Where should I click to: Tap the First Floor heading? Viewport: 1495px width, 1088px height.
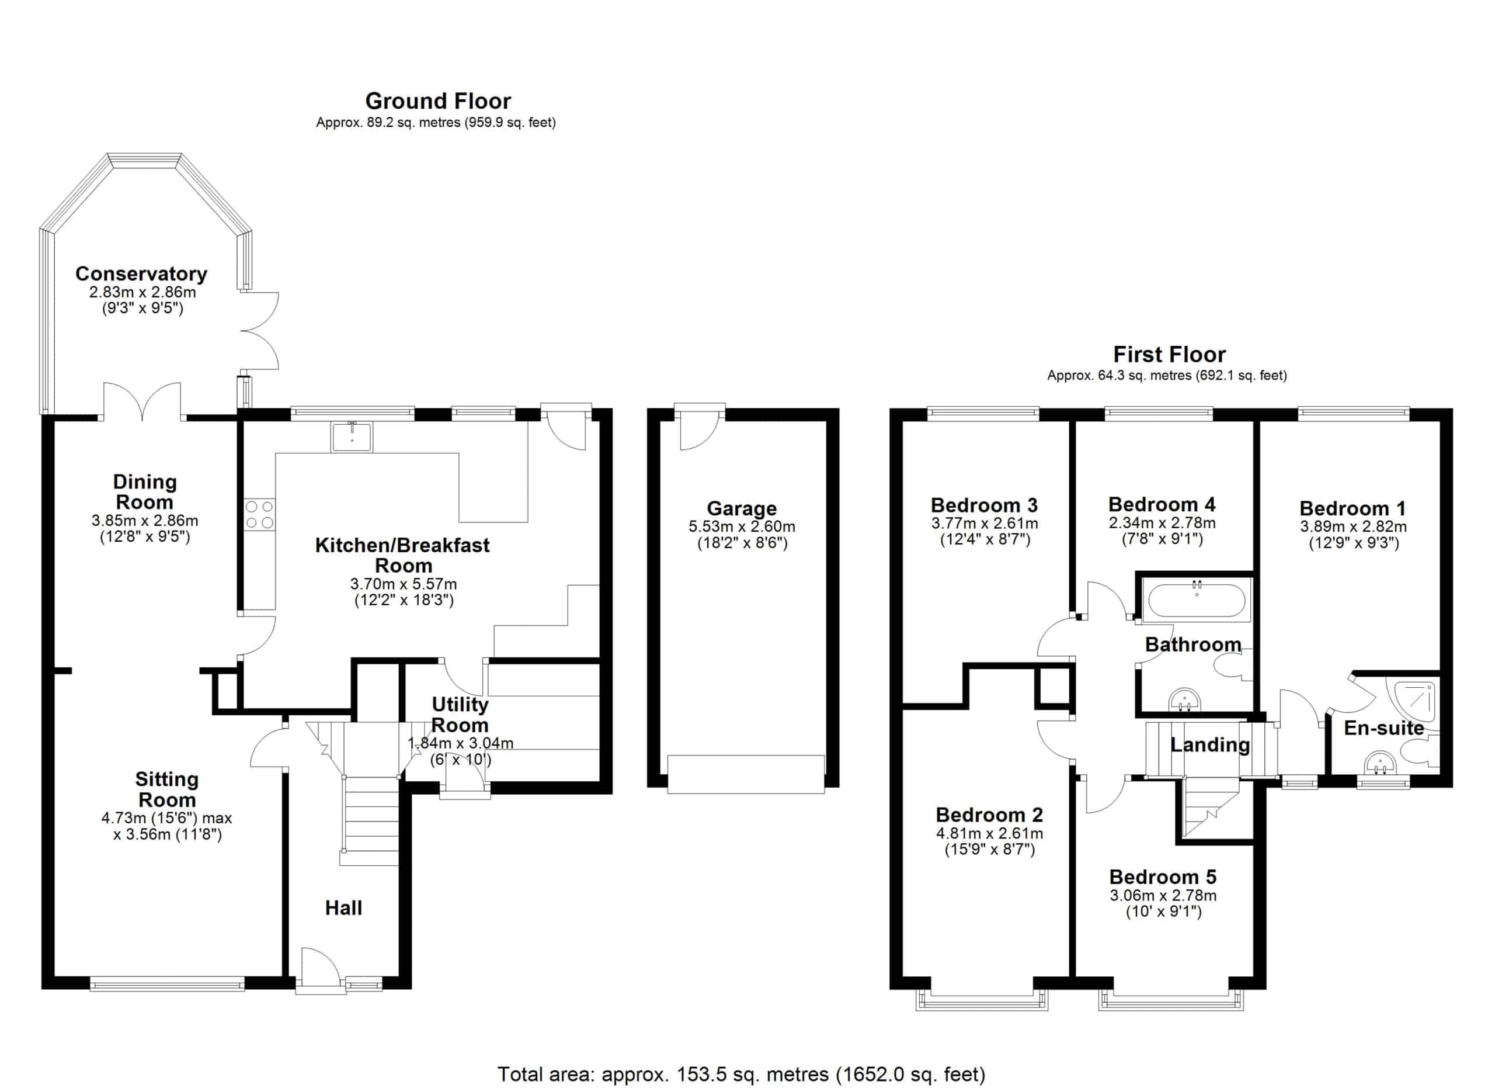[x=1169, y=354]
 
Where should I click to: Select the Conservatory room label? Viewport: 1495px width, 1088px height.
[x=141, y=273]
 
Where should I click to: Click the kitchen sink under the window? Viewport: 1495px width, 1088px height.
[x=352, y=436]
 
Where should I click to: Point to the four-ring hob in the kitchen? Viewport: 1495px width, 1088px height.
[x=260, y=514]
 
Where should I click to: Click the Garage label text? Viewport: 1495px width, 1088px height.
[x=742, y=508]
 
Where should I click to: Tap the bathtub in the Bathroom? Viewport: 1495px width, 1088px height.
[x=1197, y=600]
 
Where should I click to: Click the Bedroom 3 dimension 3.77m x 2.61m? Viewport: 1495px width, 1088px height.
[x=985, y=524]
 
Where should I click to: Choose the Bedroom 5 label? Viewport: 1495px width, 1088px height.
[x=1163, y=876]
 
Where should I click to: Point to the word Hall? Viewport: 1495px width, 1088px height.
[x=343, y=908]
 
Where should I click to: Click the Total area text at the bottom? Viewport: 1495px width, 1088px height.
[x=742, y=1074]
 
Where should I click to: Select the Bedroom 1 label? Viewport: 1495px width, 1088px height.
[x=1353, y=508]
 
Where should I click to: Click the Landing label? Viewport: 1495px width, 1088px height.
[x=1210, y=744]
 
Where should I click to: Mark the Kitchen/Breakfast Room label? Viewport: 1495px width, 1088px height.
[x=403, y=555]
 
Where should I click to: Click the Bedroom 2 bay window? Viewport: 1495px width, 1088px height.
[x=982, y=1000]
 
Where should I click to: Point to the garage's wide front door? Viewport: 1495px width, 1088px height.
[x=746, y=774]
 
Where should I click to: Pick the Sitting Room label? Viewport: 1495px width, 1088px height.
[x=167, y=789]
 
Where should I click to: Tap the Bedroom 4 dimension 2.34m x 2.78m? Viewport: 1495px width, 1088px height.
[x=1162, y=523]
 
